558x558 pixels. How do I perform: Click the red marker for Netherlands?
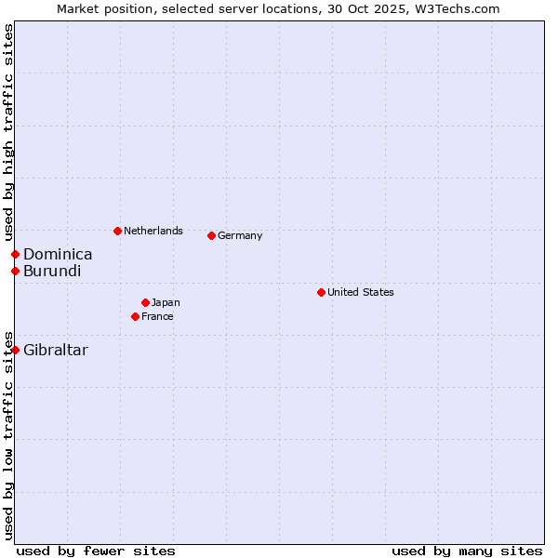(x=117, y=231)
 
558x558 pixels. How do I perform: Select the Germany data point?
(x=212, y=235)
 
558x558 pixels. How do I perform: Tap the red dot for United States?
(x=321, y=292)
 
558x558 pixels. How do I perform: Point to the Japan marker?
(x=146, y=302)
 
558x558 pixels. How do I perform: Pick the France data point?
(x=136, y=316)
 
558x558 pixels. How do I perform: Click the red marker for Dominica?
(x=16, y=254)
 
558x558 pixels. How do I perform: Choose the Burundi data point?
(x=16, y=271)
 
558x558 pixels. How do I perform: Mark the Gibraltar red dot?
(x=16, y=350)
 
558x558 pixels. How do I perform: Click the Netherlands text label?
(x=153, y=231)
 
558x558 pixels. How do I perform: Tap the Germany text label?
(x=240, y=235)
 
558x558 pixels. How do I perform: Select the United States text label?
(x=361, y=292)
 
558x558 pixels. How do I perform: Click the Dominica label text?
(x=58, y=254)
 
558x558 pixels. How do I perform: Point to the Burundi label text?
(x=52, y=271)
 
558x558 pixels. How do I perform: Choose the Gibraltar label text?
(x=56, y=350)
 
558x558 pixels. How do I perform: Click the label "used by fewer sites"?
(x=96, y=551)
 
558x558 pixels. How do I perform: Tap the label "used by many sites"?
(x=467, y=551)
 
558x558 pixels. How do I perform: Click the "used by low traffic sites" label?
(x=9, y=434)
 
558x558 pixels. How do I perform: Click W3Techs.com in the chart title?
(x=461, y=8)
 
